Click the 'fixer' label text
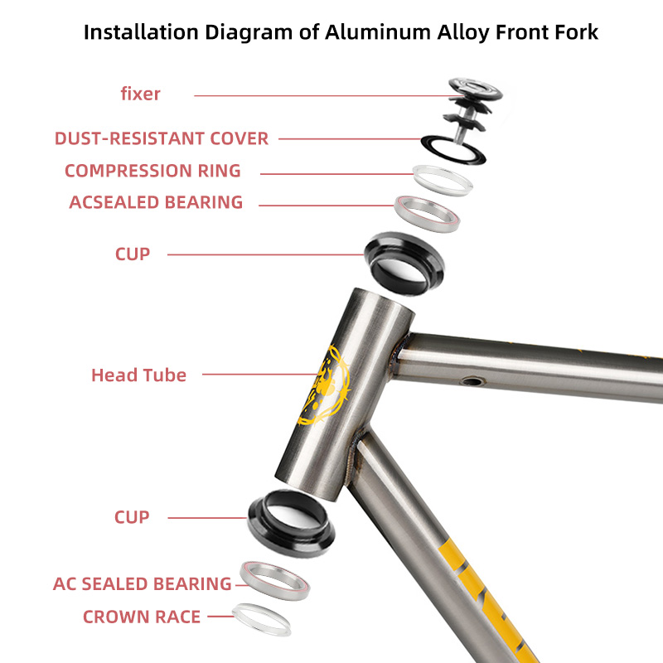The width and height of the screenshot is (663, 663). (x=140, y=94)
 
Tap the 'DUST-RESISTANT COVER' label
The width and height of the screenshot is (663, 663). (x=162, y=138)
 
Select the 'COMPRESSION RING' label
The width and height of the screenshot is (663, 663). (x=152, y=171)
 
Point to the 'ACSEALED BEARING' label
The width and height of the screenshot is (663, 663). (x=156, y=202)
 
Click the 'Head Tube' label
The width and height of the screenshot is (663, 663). (x=138, y=375)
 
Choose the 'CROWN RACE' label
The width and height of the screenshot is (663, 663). (x=142, y=617)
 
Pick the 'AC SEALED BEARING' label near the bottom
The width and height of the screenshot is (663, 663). (x=142, y=584)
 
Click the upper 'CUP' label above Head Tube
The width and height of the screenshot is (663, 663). (x=133, y=254)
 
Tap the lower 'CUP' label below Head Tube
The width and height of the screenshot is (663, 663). (x=132, y=517)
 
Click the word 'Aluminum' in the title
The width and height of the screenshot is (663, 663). (x=378, y=32)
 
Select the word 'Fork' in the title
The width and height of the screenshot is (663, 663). (x=578, y=32)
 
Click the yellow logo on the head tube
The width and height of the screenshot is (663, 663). (x=327, y=385)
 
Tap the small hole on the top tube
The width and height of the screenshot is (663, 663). (x=472, y=382)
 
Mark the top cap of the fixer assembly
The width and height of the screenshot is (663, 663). (x=476, y=88)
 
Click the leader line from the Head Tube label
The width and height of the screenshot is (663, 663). (x=260, y=375)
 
